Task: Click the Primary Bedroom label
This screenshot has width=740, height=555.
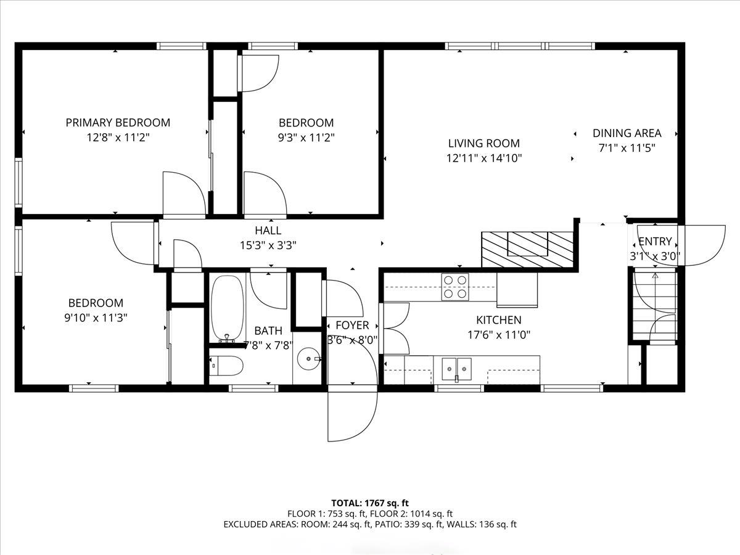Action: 118,123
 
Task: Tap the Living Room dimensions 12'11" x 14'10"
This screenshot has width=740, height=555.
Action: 484,158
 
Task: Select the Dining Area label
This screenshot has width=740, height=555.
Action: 627,133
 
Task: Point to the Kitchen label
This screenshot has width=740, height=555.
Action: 499,320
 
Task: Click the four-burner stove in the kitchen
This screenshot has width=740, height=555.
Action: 455,287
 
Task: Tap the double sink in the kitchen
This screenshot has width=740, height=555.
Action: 457,369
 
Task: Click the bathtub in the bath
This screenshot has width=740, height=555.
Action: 227,307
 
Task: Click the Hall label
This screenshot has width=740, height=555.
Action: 268,231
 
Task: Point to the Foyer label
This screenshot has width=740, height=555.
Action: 352,325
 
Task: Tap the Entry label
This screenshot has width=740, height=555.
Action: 655,241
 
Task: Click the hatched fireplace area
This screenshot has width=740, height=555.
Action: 527,250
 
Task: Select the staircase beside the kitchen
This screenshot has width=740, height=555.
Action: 655,306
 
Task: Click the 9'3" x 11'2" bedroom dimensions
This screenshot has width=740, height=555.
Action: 306,138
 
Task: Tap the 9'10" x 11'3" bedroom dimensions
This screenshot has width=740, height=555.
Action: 96,318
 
